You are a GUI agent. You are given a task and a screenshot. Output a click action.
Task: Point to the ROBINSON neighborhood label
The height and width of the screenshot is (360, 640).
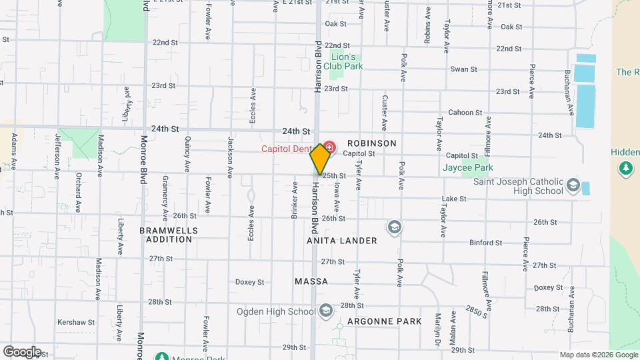(371, 143)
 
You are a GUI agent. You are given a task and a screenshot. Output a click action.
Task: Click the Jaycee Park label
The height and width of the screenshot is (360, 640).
(467, 167)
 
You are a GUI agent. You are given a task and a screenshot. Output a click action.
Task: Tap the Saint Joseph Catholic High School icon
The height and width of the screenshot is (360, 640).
(571, 185)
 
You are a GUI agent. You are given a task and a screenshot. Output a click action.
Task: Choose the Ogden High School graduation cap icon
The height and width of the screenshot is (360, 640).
(325, 311)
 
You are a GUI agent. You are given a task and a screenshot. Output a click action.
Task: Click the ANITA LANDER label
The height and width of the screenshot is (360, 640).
(343, 240)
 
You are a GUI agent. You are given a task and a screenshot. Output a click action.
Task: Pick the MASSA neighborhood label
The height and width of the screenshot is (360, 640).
(311, 281)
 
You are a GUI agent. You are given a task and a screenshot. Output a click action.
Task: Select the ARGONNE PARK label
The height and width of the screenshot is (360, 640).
(389, 321)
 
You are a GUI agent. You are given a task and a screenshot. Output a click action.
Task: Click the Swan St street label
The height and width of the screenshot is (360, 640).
(464, 69)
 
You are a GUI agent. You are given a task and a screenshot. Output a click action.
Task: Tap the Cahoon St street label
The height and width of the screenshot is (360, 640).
(461, 112)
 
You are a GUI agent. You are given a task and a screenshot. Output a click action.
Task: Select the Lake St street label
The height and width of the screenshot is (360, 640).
(453, 199)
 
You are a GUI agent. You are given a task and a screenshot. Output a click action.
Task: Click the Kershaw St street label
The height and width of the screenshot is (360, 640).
(76, 322)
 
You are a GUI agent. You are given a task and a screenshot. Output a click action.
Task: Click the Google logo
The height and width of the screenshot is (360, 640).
(21, 352)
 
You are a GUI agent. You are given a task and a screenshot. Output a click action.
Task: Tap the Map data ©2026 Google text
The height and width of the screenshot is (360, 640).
(597, 354)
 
